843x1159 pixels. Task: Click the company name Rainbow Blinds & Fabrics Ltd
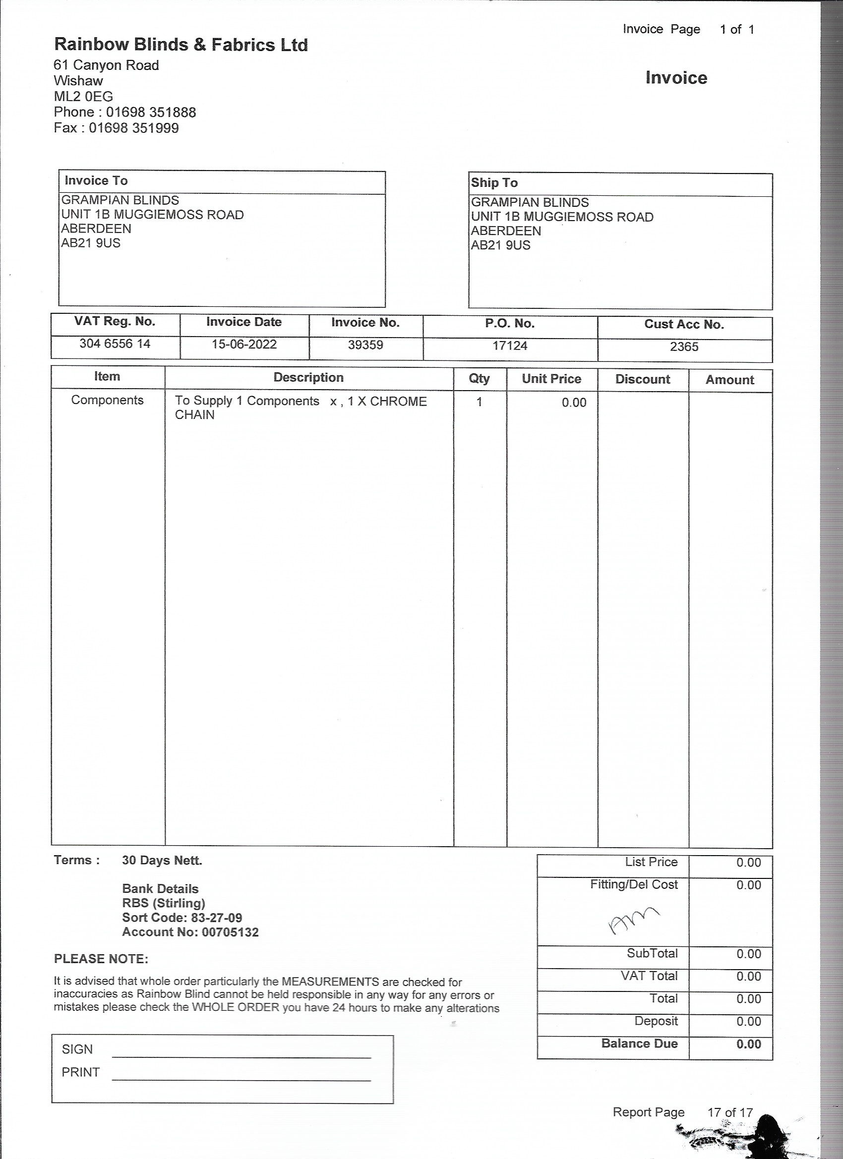pyautogui.click(x=181, y=45)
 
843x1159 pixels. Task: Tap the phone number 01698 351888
pyautogui.click(x=151, y=113)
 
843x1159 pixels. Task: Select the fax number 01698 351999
pyautogui.click(x=133, y=128)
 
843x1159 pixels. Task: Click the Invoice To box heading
pyautogui.click(x=96, y=181)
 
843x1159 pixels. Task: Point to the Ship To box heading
pyautogui.click(x=494, y=183)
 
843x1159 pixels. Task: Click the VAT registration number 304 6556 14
pyautogui.click(x=115, y=344)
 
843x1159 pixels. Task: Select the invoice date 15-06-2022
pyautogui.click(x=244, y=345)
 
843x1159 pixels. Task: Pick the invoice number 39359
pyautogui.click(x=365, y=346)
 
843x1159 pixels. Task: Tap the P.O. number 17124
pyautogui.click(x=510, y=346)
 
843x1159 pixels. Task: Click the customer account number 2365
pyautogui.click(x=684, y=347)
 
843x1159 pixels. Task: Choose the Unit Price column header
pyautogui.click(x=551, y=379)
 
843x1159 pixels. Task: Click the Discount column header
pyautogui.click(x=643, y=380)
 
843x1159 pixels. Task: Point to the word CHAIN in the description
pyautogui.click(x=195, y=415)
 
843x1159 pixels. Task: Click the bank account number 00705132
pyautogui.click(x=230, y=932)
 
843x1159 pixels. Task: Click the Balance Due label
pyautogui.click(x=640, y=1043)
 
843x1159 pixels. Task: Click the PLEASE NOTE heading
pyautogui.click(x=101, y=959)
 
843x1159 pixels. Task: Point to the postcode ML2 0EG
pyautogui.click(x=83, y=97)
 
